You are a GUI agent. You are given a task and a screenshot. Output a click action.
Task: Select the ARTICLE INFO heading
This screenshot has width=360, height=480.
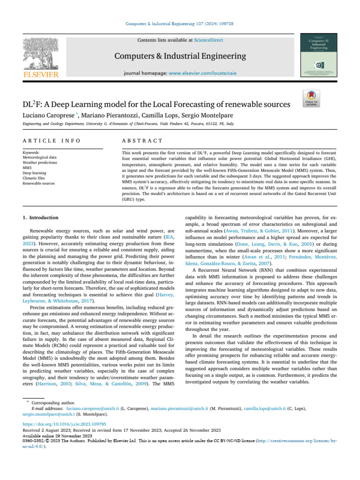(51, 141)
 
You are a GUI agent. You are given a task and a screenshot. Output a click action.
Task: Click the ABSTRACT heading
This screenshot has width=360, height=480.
(142, 141)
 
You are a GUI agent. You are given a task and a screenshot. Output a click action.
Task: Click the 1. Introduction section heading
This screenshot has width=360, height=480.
(41, 217)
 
